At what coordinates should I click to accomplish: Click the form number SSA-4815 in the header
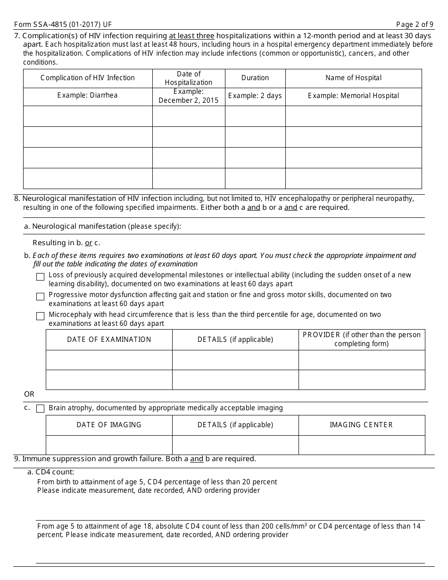(63, 24)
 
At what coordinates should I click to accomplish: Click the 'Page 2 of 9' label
(415, 24)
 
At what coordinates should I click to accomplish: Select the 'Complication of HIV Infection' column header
(88, 78)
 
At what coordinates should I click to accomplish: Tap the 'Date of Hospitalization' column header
(189, 78)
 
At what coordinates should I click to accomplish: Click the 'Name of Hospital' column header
(353, 78)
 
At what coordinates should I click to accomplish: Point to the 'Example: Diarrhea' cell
(88, 95)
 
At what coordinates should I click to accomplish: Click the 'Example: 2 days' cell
(255, 96)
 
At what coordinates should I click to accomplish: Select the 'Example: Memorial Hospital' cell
(353, 96)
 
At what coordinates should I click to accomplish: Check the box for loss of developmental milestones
(41, 277)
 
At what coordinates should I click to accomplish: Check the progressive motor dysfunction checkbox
(41, 297)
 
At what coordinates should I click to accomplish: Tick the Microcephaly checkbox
(41, 316)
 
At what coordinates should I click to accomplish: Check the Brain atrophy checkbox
(41, 408)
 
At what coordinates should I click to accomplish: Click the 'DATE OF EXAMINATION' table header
(109, 340)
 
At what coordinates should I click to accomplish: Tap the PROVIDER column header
(362, 339)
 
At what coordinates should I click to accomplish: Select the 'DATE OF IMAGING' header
(109, 425)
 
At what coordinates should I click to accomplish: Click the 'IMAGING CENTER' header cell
(361, 425)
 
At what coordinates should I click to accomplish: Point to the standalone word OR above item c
(29, 394)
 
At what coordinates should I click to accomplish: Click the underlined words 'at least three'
(191, 36)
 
